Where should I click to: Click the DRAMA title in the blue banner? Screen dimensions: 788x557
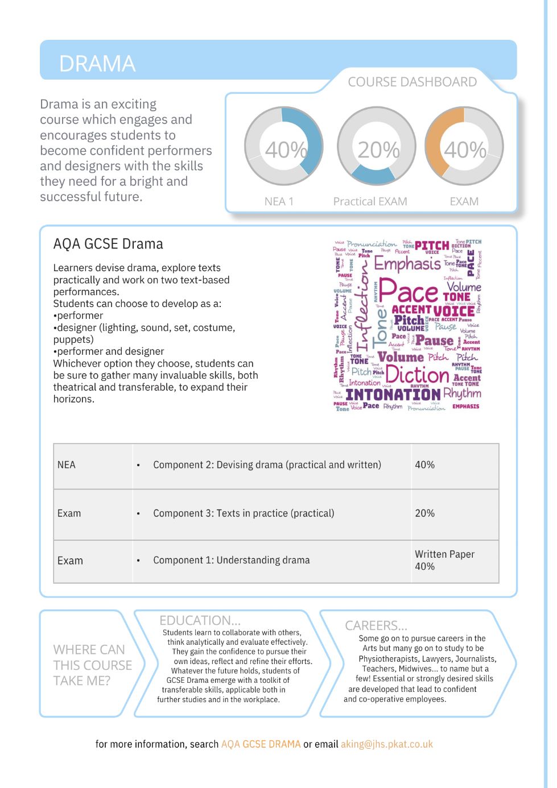(97, 64)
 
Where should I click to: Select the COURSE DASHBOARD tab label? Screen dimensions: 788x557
(412, 82)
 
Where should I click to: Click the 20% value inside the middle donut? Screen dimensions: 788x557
(378, 150)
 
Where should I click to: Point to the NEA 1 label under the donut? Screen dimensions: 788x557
(279, 201)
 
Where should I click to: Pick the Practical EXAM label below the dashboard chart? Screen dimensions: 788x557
(370, 201)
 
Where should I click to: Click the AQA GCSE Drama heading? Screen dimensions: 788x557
(108, 244)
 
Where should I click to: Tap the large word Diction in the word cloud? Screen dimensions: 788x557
(417, 375)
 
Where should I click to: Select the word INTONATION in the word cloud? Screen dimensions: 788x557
(393, 394)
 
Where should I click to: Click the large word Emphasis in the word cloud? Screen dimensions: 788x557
(407, 264)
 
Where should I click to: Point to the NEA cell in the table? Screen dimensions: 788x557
(67, 465)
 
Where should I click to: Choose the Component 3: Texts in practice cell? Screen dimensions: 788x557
(244, 513)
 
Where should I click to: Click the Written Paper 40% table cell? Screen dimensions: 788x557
(444, 560)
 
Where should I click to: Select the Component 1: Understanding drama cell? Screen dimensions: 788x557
(231, 560)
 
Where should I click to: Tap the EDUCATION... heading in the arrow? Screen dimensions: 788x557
(200, 620)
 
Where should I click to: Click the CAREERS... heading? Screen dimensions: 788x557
(376, 625)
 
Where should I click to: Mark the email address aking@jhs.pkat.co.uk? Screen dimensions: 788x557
(387, 744)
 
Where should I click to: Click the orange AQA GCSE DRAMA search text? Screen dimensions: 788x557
(261, 744)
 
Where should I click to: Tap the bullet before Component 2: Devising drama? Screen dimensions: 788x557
(138, 466)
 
